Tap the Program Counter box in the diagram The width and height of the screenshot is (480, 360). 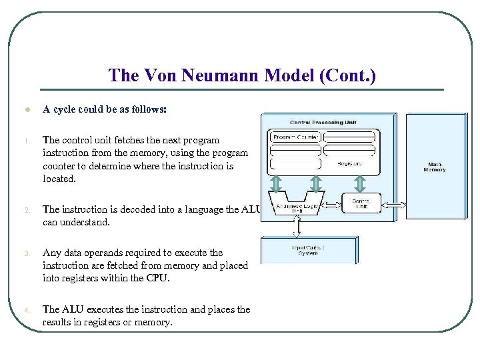pos(295,137)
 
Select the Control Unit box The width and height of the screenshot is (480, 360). pos(361,203)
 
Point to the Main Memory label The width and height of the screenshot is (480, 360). pos(434,167)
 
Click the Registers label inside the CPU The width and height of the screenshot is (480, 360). pos(349,163)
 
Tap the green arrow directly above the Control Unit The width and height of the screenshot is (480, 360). pos(360,183)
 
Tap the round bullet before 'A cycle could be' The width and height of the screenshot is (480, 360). pos(26,110)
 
